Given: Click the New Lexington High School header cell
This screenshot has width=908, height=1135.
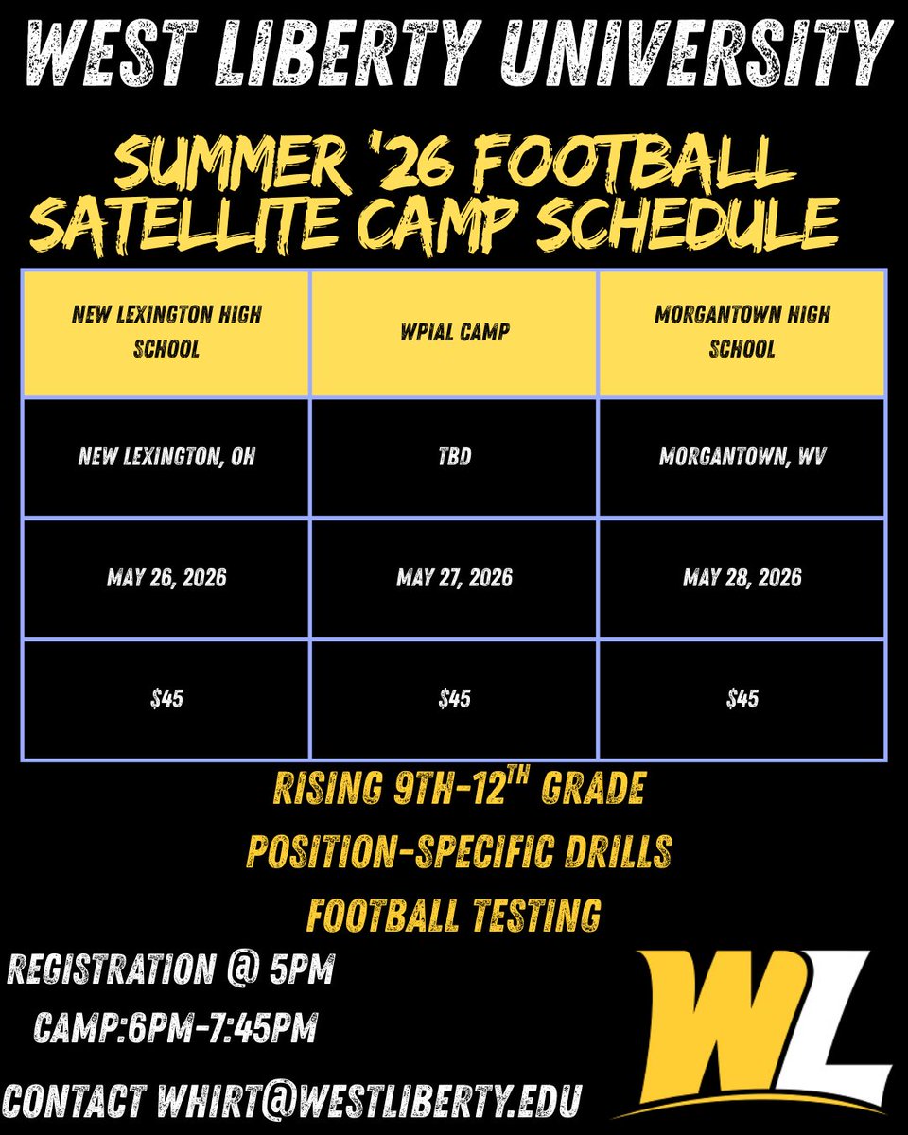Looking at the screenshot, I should point(166,331).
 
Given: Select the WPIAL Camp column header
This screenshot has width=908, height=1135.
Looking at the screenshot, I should point(454,331).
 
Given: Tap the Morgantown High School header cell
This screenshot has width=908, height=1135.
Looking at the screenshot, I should point(742,331).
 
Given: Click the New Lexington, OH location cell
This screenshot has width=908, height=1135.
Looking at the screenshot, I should point(166,458).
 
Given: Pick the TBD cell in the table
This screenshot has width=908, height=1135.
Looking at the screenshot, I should point(454,458).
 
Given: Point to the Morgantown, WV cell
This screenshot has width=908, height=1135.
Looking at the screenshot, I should point(742,458).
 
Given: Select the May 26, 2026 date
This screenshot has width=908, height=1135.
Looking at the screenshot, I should point(166,577).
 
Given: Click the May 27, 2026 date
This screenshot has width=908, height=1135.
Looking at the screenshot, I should point(454,577).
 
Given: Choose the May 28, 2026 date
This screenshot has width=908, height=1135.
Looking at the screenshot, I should point(742,577).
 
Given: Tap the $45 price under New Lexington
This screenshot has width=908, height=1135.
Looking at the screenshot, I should point(166,699).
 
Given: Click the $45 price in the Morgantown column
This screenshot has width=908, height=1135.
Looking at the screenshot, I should point(742,699).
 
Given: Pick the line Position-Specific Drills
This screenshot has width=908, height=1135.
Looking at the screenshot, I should point(459,851).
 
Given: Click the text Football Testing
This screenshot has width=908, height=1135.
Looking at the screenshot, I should point(454,915).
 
